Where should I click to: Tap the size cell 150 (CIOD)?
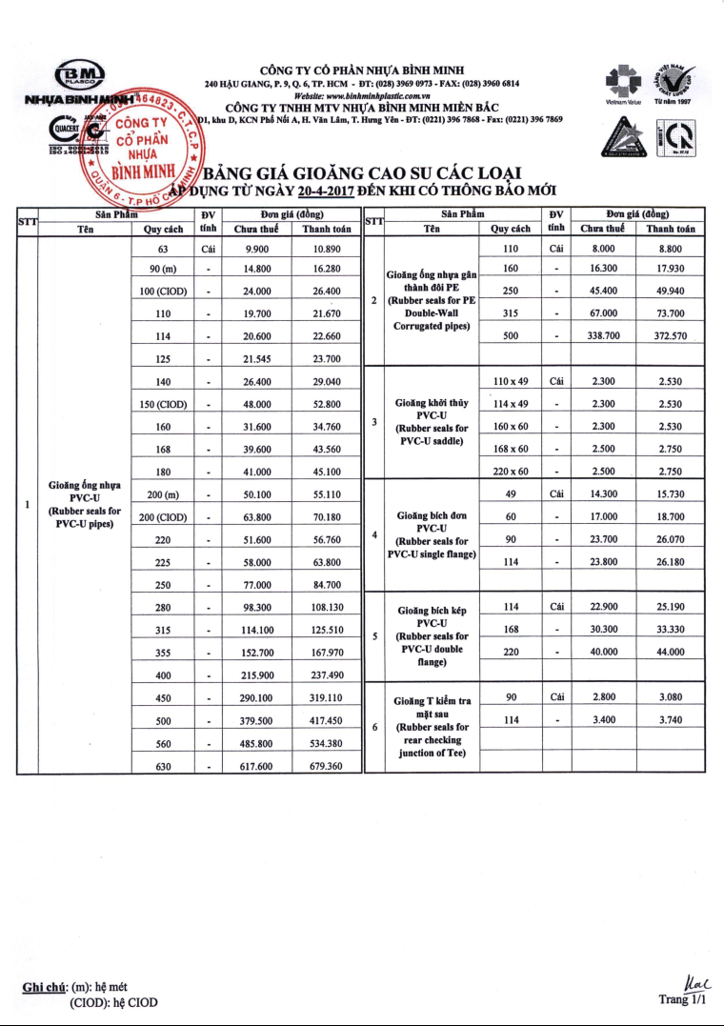point(163,404)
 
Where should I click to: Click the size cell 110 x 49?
point(512,381)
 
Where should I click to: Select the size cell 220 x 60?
point(512,471)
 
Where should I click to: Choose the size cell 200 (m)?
point(163,494)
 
